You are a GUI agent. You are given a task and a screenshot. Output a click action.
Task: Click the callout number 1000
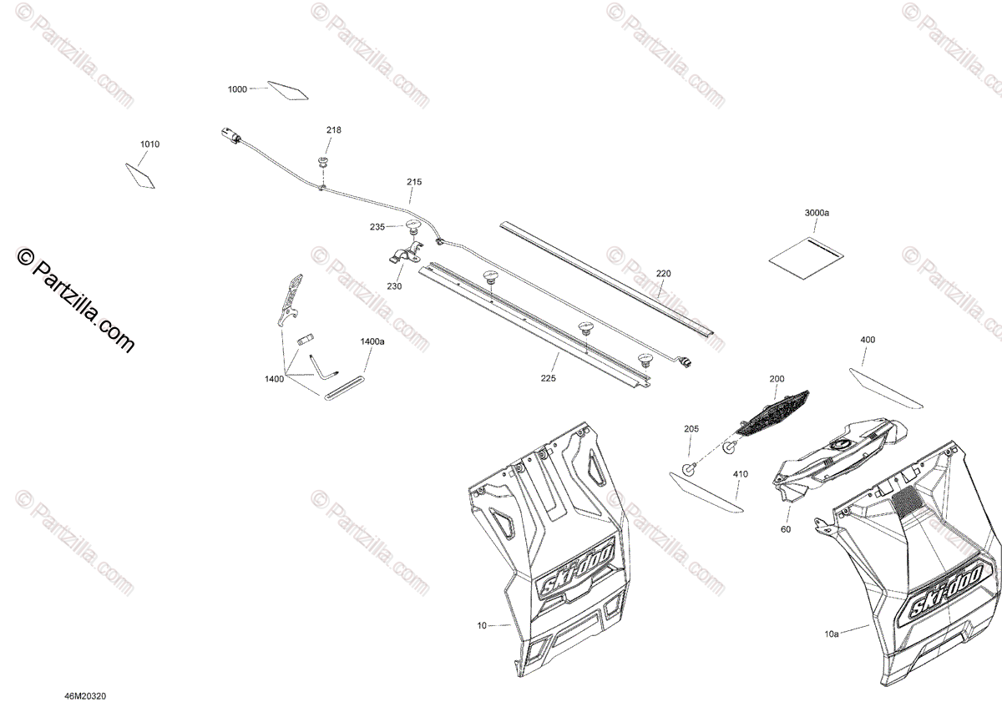pyautogui.click(x=237, y=89)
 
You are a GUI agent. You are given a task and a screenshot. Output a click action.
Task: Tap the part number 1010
pyautogui.click(x=149, y=144)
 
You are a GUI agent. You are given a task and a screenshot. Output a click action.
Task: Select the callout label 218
pyautogui.click(x=334, y=130)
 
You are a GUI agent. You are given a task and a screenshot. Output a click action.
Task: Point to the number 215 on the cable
pyautogui.click(x=414, y=182)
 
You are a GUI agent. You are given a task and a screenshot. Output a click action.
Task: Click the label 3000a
pyautogui.click(x=817, y=214)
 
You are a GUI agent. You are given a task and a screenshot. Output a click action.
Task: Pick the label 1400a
pyautogui.click(x=372, y=341)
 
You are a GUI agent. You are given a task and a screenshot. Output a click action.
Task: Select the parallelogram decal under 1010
pyautogui.click(x=140, y=175)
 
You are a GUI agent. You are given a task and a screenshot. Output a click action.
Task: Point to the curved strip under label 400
pyautogui.click(x=886, y=388)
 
